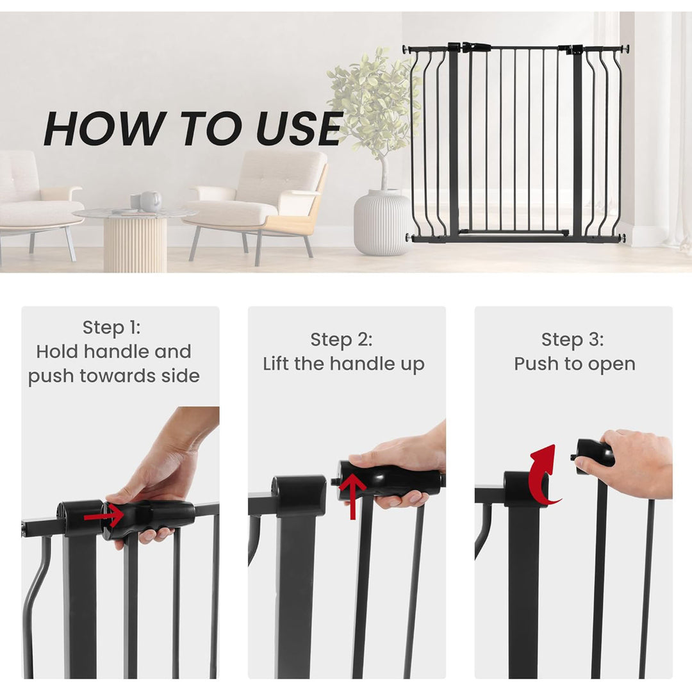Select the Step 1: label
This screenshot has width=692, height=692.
click(111, 327)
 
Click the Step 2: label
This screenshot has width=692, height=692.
click(341, 340)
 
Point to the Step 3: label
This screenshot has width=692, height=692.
click(572, 340)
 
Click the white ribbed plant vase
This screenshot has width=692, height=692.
click(382, 222)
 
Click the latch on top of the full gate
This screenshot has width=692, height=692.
click(475, 47)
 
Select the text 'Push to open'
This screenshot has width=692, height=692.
click(574, 364)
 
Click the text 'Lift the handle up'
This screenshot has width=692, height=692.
click(343, 364)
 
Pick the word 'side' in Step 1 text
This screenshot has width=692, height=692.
click(181, 376)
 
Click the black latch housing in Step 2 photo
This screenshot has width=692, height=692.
click(299, 496)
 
